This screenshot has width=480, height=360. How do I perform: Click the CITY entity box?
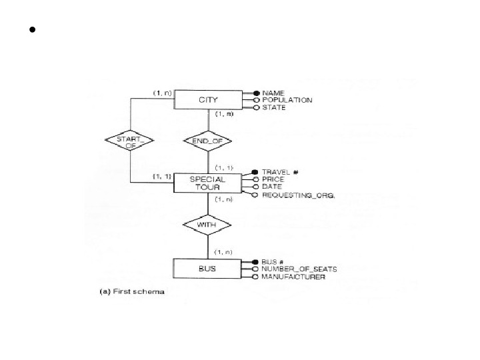tap(208, 100)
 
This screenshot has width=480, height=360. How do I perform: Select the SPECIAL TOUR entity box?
tap(208, 183)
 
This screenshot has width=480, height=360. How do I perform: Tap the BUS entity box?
tap(208, 269)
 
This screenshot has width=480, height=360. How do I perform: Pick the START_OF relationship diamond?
tap(130, 141)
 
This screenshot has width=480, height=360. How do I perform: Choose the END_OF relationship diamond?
tap(209, 141)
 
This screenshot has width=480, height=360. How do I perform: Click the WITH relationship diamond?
tap(209, 225)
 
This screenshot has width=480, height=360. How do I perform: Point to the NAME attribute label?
tap(273, 93)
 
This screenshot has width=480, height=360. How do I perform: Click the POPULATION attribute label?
tap(287, 100)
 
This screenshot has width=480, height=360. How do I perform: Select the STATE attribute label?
tap(274, 107)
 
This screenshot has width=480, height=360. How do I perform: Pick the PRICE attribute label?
tap(273, 179)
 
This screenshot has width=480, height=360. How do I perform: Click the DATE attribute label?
tap(272, 187)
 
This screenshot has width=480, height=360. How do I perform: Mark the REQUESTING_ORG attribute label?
tap(298, 195)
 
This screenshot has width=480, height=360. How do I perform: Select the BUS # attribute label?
tap(274, 261)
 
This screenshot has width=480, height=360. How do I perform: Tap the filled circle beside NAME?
tap(255, 93)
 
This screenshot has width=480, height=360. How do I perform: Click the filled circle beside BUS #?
tap(255, 261)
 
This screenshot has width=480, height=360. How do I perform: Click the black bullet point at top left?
tap(31, 31)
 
